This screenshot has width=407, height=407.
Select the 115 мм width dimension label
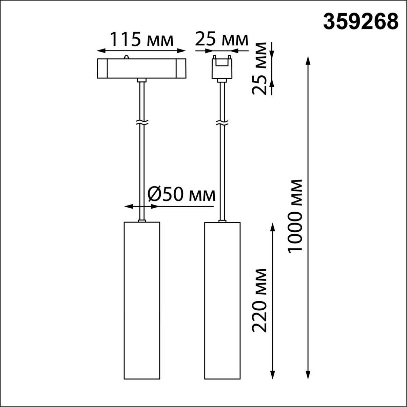tap(142, 40)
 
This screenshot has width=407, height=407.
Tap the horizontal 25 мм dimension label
tap(221, 40)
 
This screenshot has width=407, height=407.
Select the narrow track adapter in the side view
tap(222, 67)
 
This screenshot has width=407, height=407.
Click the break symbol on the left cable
tap(141, 122)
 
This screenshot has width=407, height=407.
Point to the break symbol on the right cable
tap(222, 122)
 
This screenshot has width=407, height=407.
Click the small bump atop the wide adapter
tap(127, 57)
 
